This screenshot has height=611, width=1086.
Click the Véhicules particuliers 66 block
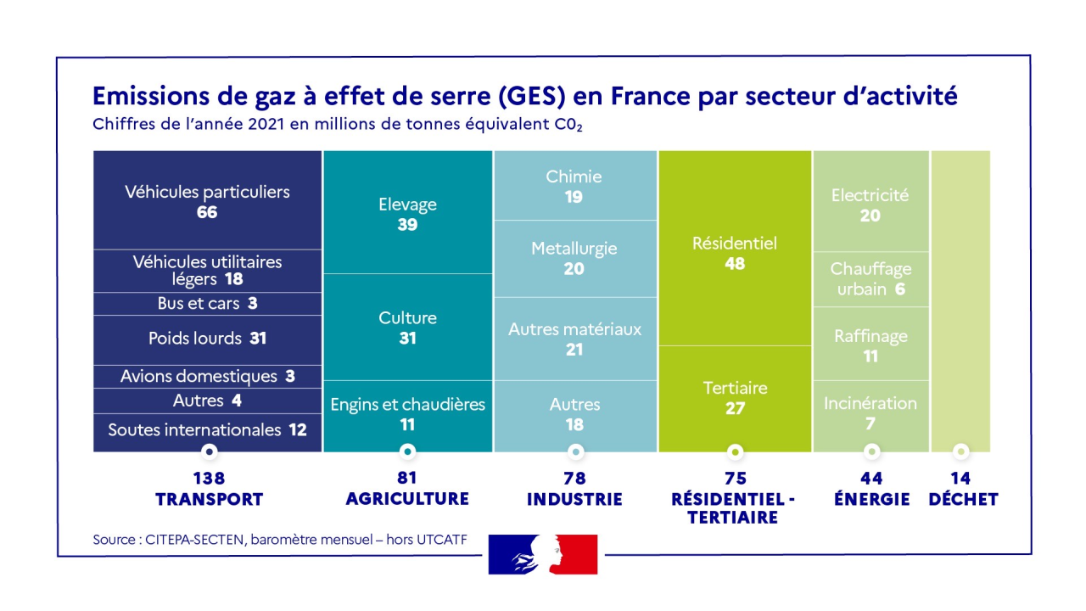click(207, 201)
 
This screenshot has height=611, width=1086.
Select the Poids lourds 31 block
click(207, 339)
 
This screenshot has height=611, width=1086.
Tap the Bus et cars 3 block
click(207, 304)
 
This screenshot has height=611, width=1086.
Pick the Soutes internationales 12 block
click(207, 430)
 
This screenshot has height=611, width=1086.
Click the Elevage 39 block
click(407, 214)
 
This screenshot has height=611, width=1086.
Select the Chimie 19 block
click(574, 186)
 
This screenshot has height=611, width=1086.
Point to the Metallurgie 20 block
click(574, 258)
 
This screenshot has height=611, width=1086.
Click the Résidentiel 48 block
click(735, 253)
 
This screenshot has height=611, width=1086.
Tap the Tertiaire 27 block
click(735, 398)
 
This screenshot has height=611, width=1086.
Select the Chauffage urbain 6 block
click(870, 279)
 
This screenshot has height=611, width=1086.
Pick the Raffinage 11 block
click(870, 345)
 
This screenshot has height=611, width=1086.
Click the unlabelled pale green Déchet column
click(960, 297)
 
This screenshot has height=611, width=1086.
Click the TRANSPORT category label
click(209, 500)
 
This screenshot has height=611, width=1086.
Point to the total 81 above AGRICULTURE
click(407, 479)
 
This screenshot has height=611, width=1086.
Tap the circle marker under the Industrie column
click(575, 451)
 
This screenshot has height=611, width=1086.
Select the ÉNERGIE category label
click(871, 500)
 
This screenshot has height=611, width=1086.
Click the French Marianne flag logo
click(543, 554)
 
